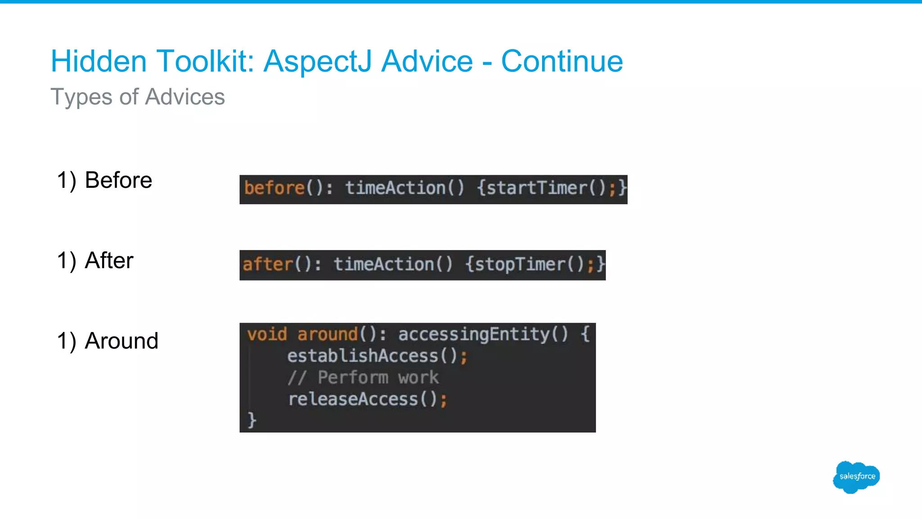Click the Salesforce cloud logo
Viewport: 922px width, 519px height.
[856, 477]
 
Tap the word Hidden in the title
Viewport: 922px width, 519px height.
[99, 61]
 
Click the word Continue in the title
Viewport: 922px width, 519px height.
[562, 61]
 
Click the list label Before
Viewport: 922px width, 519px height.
[118, 180]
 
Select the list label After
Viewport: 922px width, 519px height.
[109, 260]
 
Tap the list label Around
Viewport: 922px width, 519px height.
[122, 341]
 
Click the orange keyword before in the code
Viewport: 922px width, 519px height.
[274, 188]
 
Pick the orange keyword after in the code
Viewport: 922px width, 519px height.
[268, 264]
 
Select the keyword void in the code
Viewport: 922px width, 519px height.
[267, 334]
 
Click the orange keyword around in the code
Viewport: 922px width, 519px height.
[327, 334]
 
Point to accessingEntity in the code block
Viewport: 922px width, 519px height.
[474, 334]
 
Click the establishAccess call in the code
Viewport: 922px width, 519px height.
[363, 356]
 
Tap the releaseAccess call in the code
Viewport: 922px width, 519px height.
[353, 399]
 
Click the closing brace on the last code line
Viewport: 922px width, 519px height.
[252, 420]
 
